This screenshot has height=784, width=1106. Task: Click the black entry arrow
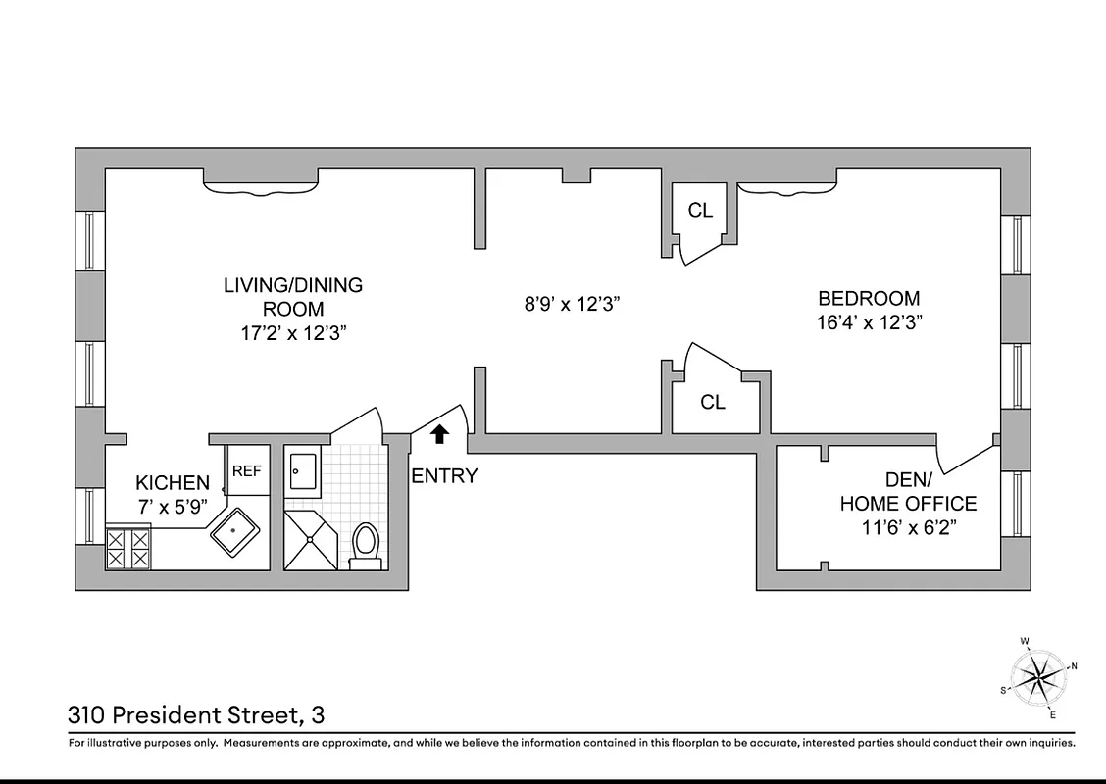(x=440, y=432)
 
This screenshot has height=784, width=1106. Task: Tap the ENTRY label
(x=444, y=476)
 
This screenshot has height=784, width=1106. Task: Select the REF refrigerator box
(x=246, y=471)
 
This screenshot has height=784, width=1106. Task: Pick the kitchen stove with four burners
(x=128, y=547)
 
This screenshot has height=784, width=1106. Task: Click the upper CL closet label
(x=700, y=210)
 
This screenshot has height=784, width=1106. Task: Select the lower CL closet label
(x=713, y=402)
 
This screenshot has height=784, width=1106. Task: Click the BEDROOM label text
(x=869, y=299)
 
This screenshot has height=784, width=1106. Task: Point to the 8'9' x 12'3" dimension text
(x=574, y=304)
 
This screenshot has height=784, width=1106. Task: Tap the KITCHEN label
(x=173, y=482)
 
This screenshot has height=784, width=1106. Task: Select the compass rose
(x=1038, y=673)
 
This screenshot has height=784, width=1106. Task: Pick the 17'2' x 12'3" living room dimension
(x=293, y=333)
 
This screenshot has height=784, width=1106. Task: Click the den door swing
(x=966, y=453)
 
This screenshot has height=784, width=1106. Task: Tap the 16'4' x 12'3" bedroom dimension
(x=869, y=321)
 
